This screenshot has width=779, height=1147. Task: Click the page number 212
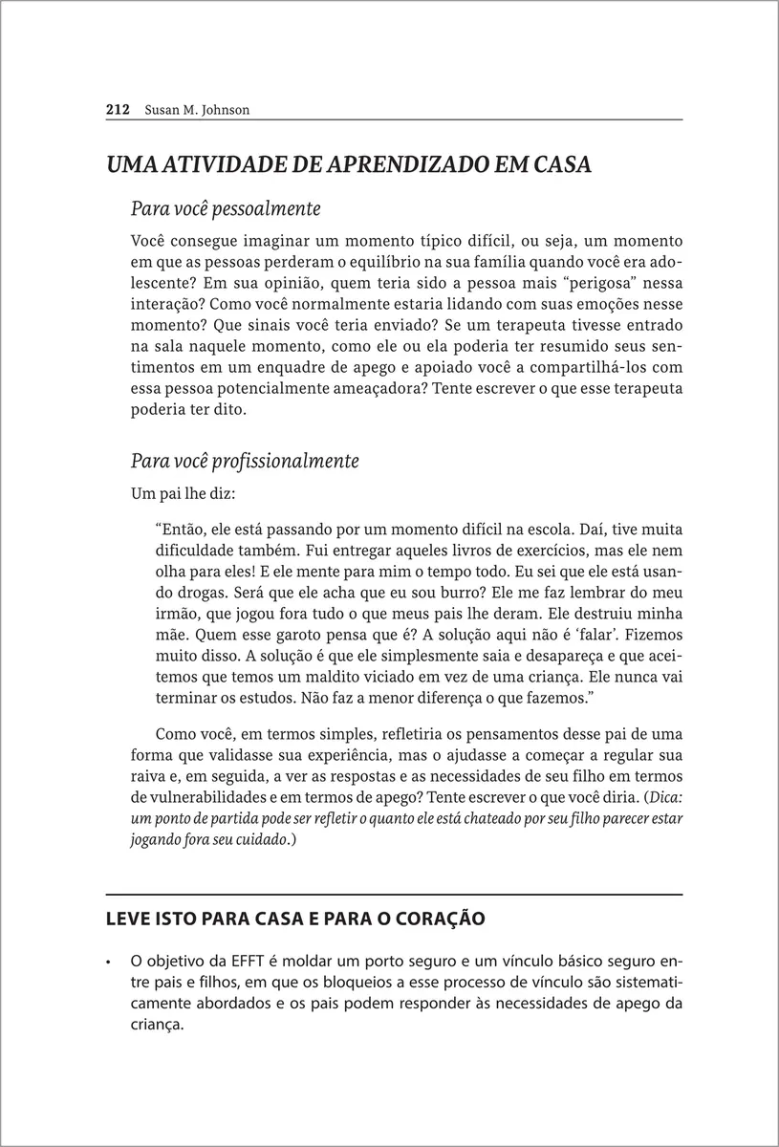click(117, 110)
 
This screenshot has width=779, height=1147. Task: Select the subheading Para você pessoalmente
click(225, 207)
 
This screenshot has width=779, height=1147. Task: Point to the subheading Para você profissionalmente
click(244, 461)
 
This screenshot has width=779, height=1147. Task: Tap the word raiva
click(148, 776)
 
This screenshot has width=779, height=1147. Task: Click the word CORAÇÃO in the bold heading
click(435, 920)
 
